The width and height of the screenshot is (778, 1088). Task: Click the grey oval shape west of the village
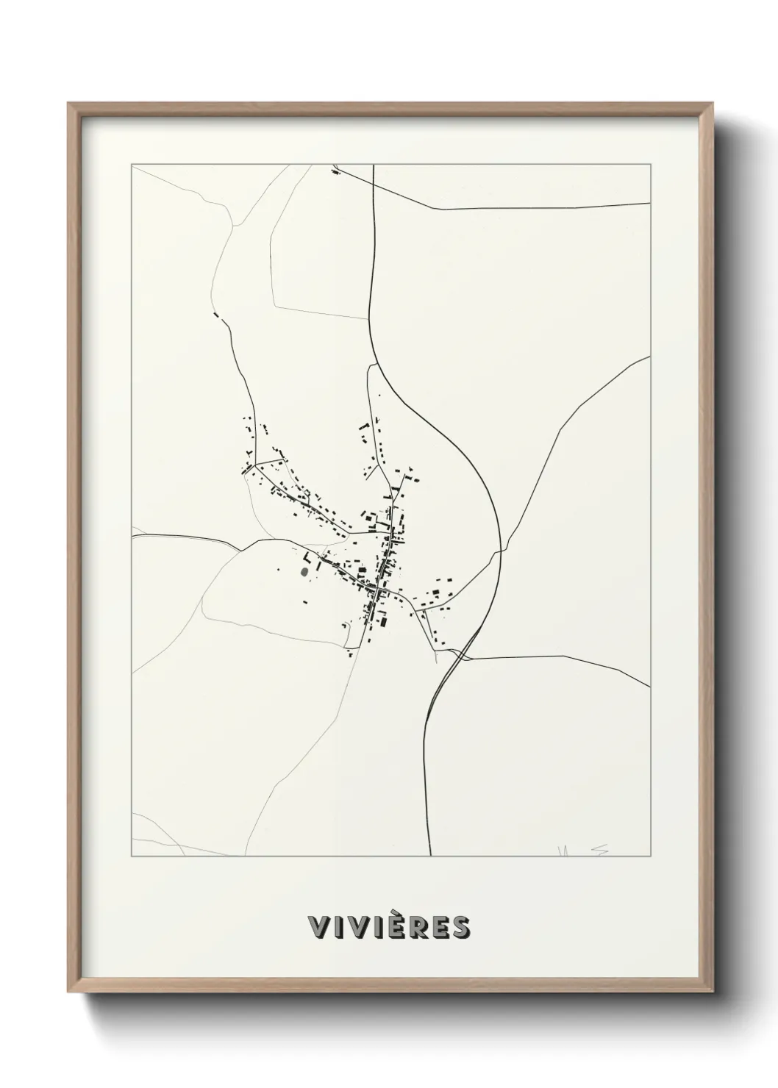[x=304, y=571]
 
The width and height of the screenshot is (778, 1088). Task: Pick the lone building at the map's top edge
[x=336, y=173]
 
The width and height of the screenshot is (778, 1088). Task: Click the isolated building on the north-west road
[x=217, y=316]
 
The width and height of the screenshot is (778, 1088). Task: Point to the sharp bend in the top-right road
[x=440, y=209]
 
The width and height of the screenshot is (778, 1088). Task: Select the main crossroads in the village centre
[x=376, y=591]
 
